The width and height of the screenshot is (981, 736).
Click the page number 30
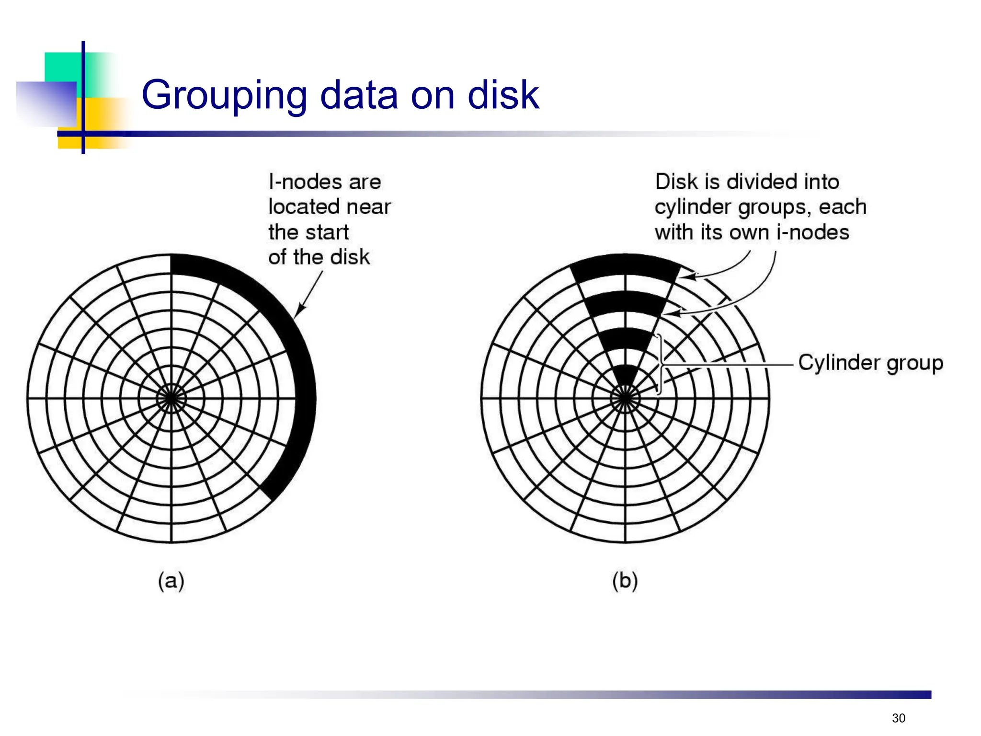(899, 718)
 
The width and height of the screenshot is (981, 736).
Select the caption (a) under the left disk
(171, 581)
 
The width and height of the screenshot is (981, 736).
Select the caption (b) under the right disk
(625, 581)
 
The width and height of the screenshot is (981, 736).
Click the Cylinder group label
(870, 363)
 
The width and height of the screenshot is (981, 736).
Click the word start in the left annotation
(328, 232)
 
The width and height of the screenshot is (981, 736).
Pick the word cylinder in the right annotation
(694, 207)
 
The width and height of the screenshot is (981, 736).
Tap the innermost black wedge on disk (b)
(625, 374)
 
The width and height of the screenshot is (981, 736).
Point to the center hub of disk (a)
(171, 398)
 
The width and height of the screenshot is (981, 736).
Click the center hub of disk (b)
(625, 398)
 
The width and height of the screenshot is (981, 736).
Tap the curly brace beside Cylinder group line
(661, 365)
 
